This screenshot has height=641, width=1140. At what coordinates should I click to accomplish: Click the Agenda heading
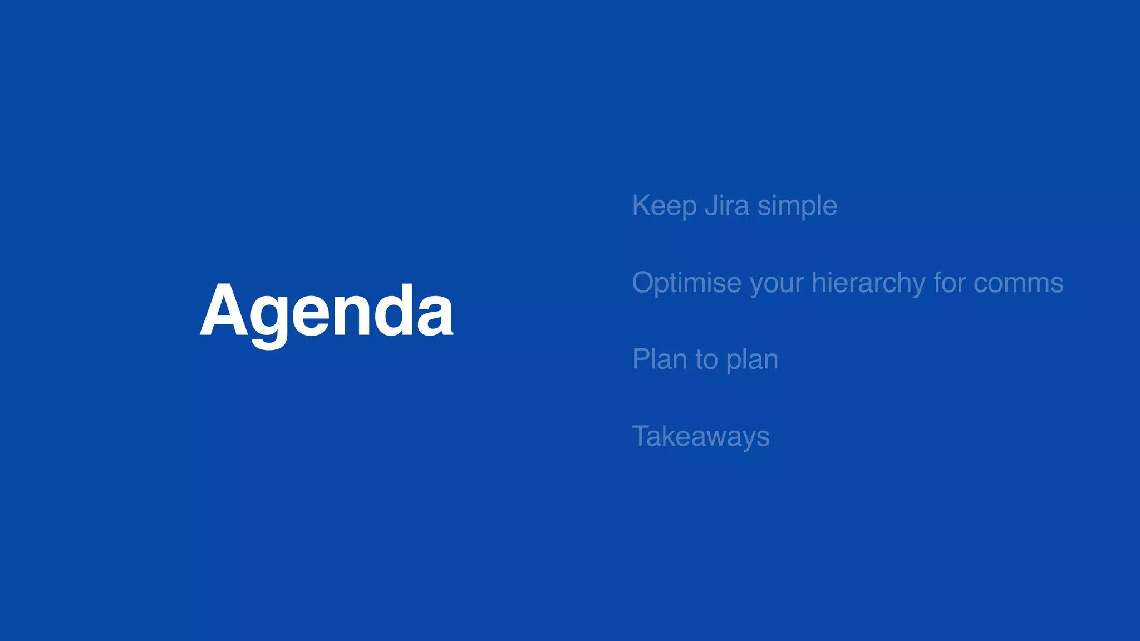pos(326,312)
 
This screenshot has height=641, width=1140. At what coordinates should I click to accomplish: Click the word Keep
pos(664,206)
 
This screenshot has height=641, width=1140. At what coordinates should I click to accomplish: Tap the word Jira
pos(727,205)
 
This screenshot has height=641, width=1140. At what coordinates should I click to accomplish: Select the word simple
pos(797,206)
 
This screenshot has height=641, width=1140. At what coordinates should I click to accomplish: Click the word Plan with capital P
pos(659,359)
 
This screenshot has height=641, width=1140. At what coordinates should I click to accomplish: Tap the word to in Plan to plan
pos(706,360)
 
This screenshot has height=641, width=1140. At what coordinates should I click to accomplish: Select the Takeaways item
pos(701,436)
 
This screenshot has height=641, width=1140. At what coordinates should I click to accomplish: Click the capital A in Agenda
pos(223,310)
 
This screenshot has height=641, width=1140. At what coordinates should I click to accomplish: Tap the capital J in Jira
pos(711,206)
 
